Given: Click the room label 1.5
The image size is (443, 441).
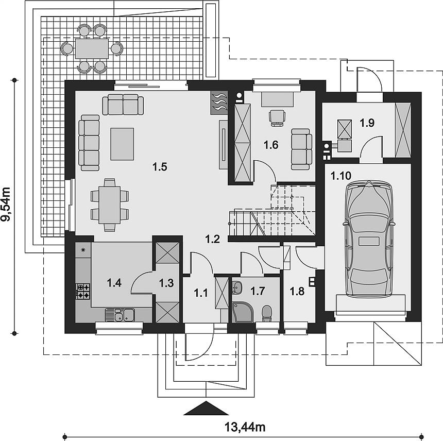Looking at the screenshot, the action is pyautogui.click(x=160, y=167).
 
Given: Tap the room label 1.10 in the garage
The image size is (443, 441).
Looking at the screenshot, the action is pyautogui.click(x=340, y=176).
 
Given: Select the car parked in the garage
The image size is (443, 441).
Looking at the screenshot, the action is pyautogui.click(x=368, y=239).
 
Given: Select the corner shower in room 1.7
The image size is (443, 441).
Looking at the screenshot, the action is pyautogui.click(x=243, y=312).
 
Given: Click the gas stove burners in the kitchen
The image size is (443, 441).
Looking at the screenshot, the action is pyautogui.click(x=83, y=292).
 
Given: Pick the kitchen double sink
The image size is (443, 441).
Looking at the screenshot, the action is pyautogui.click(x=120, y=314).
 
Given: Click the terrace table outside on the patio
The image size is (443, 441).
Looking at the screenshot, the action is pyautogui.click(x=92, y=48).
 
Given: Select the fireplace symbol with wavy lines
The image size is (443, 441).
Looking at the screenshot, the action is pyautogui.click(x=219, y=103).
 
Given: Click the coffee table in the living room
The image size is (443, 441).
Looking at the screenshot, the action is pyautogui.click(x=122, y=144).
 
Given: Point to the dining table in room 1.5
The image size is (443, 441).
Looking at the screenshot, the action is pyautogui.click(x=110, y=205).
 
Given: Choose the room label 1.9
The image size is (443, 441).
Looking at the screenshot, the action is pyautogui.click(x=367, y=123).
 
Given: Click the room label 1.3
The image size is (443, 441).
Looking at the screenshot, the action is pyautogui.click(x=166, y=283).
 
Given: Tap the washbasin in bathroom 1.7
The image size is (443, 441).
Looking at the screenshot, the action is pyautogui.click(x=237, y=287).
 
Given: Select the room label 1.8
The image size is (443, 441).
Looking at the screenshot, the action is pyautogui.click(x=297, y=291).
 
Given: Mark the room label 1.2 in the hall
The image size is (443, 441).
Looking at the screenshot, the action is pyautogui.click(x=212, y=239).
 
